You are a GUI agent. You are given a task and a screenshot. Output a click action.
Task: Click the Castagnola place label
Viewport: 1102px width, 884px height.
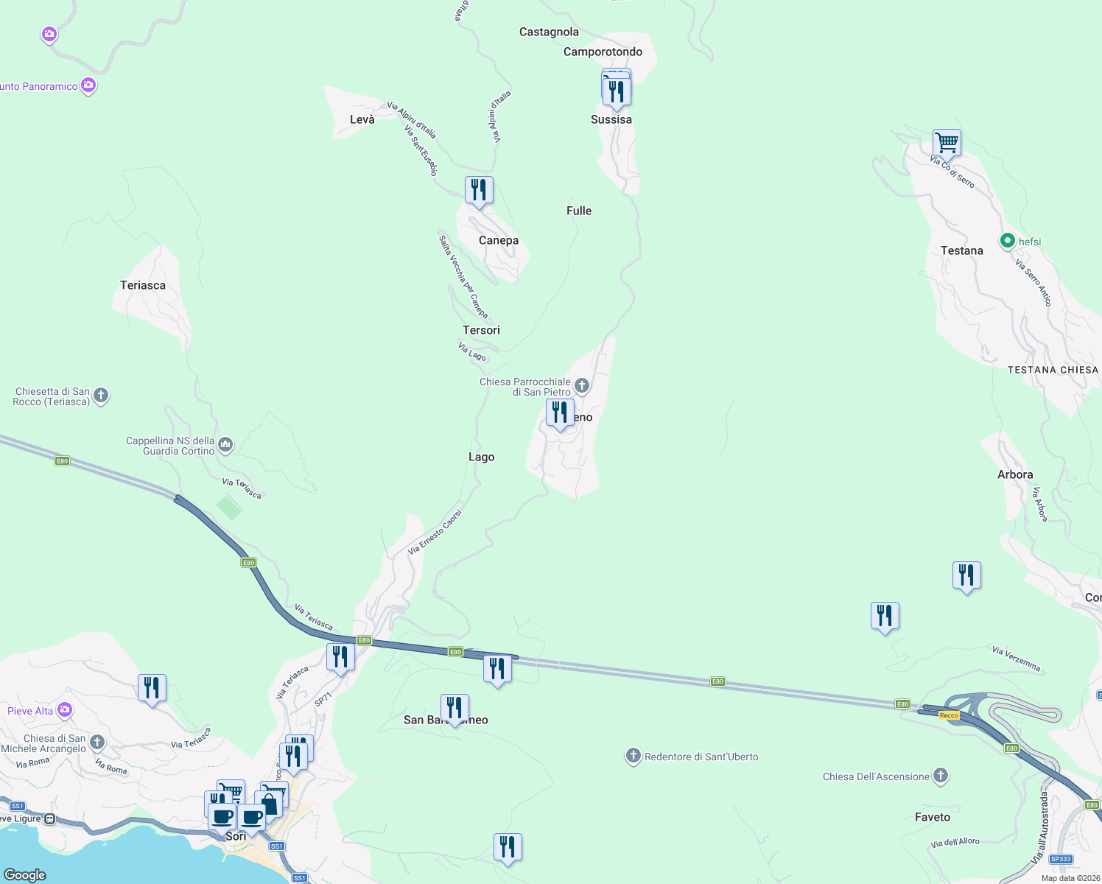click(x=549, y=32)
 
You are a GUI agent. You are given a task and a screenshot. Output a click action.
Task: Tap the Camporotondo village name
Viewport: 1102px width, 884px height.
click(x=603, y=52)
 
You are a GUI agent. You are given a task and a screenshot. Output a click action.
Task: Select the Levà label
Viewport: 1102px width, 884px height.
click(x=362, y=119)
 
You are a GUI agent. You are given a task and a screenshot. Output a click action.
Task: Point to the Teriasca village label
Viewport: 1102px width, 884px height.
click(x=143, y=285)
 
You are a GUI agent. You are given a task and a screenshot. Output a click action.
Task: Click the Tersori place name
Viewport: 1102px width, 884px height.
click(x=481, y=330)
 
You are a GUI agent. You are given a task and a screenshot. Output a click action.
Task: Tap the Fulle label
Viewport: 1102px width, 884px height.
click(x=579, y=211)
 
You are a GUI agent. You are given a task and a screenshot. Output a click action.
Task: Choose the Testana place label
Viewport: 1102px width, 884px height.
click(x=961, y=250)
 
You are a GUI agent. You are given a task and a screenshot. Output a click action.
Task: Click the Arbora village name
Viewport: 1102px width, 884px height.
click(x=1015, y=474)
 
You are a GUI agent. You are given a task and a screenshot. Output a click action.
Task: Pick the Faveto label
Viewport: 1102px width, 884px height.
click(x=933, y=817)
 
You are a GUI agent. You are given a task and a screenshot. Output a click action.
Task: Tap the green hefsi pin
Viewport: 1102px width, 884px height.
click(x=1007, y=241)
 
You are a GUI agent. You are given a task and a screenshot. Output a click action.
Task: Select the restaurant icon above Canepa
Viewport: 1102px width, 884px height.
click(x=479, y=190)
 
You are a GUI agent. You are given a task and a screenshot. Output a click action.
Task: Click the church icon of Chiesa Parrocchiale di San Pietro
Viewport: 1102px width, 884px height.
click(x=582, y=385)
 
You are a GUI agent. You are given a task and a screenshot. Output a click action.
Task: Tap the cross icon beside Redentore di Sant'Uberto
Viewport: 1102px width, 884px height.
click(x=633, y=756)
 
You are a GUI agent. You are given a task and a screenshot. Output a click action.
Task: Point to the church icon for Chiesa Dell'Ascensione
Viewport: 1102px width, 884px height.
click(x=940, y=775)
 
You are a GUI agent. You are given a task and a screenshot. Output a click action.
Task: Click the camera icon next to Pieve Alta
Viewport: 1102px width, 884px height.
click(x=65, y=710)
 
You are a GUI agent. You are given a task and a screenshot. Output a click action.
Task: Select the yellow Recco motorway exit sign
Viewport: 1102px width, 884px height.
click(x=949, y=715)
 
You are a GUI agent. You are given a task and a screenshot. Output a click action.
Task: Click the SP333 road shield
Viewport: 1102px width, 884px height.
click(x=1061, y=859)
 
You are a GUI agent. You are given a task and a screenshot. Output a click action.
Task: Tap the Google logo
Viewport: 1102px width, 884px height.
click(x=25, y=874)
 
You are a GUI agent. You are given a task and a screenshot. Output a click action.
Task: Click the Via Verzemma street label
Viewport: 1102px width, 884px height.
click(x=1017, y=659)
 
